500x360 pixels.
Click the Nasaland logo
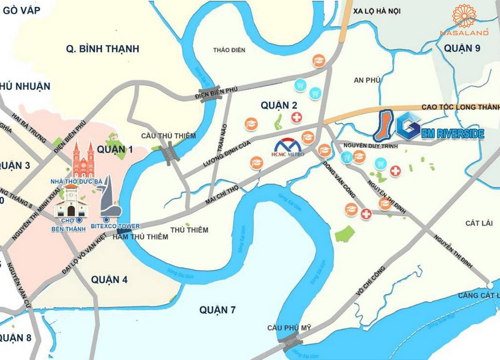[x=464, y=20]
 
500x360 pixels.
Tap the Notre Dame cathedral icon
[x=83, y=160]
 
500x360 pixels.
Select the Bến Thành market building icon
[x=71, y=204]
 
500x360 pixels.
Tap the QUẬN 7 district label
[x=217, y=310]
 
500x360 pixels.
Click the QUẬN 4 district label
[x=109, y=280]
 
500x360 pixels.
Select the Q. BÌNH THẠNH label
[x=102, y=49]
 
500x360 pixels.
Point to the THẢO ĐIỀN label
[x=229, y=50]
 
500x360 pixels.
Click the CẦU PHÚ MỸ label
[x=289, y=328]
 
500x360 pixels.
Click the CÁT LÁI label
[x=479, y=223]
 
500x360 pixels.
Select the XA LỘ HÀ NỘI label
[x=377, y=11]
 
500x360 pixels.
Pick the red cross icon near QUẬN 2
[x=296, y=118]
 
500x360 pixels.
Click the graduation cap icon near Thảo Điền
[x=319, y=60]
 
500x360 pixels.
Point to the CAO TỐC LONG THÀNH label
[x=460, y=107]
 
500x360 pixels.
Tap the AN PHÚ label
[x=367, y=80]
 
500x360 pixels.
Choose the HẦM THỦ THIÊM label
[x=140, y=236]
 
